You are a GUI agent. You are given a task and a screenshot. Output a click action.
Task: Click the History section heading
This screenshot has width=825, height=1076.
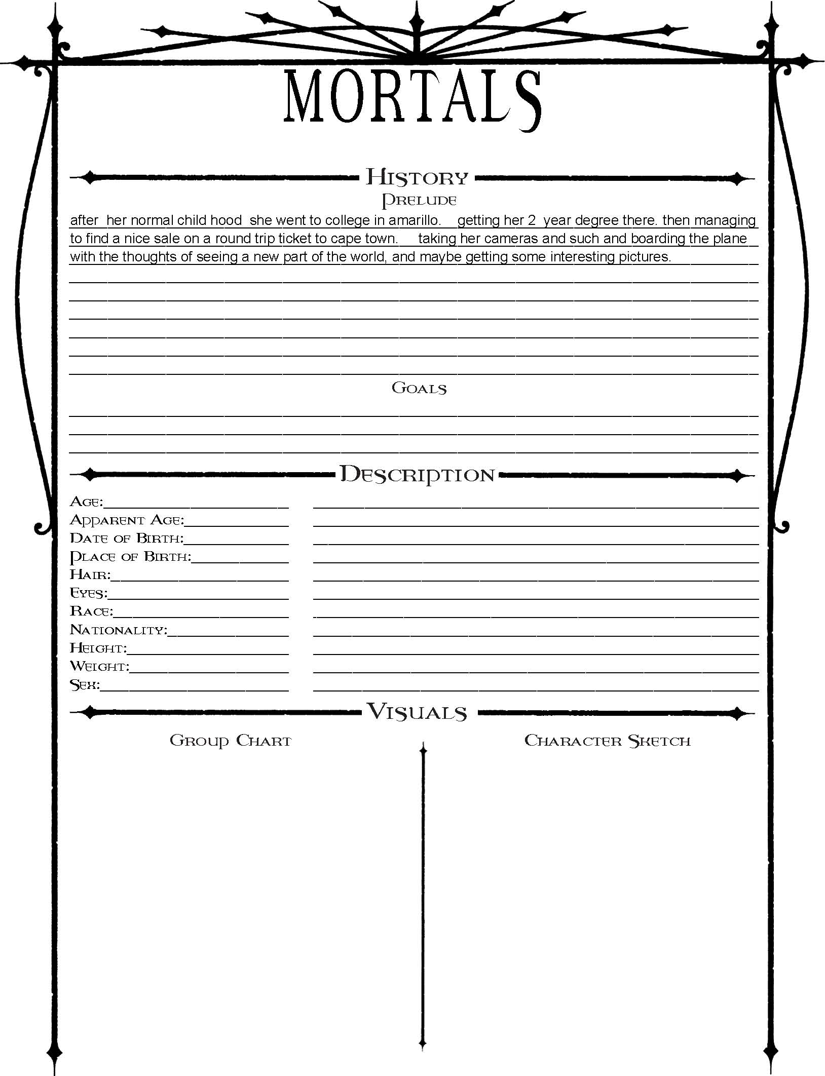pos(417,177)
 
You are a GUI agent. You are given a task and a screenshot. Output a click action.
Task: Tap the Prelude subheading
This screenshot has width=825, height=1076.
pos(419,200)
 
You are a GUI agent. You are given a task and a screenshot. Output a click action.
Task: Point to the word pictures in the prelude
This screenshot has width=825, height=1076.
pos(644,257)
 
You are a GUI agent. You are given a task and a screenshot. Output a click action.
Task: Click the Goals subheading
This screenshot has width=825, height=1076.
pos(419,388)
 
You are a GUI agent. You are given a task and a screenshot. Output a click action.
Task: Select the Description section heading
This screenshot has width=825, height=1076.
pos(417,475)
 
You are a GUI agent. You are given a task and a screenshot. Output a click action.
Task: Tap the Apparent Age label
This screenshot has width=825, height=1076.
pos(127,520)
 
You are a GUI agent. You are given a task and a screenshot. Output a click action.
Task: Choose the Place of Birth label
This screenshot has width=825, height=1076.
pos(130,557)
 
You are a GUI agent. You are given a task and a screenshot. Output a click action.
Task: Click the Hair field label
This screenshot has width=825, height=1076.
pos(90,575)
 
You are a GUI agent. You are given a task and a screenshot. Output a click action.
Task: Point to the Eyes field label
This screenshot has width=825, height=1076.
pos(88,593)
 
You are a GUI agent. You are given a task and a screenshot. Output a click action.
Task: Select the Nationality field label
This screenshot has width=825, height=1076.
pos(118,630)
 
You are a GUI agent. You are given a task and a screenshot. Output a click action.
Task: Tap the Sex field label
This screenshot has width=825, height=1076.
pos(85,685)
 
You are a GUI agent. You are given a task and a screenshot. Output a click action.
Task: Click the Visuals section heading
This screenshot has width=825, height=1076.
pos(417,712)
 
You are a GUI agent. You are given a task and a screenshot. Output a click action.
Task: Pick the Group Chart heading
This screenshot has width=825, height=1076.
pos(231,741)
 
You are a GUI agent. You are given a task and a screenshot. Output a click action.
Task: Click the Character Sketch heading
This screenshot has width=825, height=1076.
pos(607,741)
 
